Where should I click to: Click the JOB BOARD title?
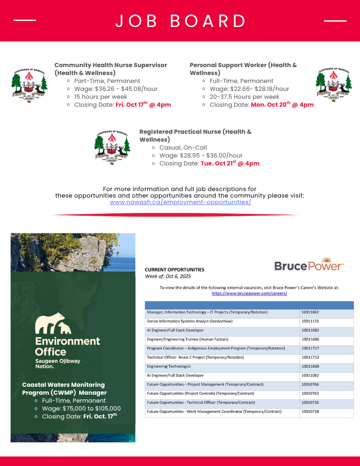coord(181,21)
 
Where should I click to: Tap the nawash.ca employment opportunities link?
coord(180,202)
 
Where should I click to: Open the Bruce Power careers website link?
coord(249,294)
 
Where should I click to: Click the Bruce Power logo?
coord(309,264)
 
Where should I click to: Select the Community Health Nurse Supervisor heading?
coord(110,69)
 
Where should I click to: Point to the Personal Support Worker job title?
coord(243,69)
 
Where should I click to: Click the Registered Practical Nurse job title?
coord(195,136)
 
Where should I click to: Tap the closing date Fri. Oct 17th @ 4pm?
coord(143,104)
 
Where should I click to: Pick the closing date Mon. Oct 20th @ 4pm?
coord(282,104)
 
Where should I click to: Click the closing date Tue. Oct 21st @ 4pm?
coord(230,164)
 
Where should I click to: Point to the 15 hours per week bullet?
coord(101,96)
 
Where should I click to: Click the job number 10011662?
coord(310,312)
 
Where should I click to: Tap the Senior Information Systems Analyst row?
coord(190,321)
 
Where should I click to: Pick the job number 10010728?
coord(310,411)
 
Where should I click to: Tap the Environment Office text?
coord(68,346)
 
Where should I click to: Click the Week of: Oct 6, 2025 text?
coord(168,276)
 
